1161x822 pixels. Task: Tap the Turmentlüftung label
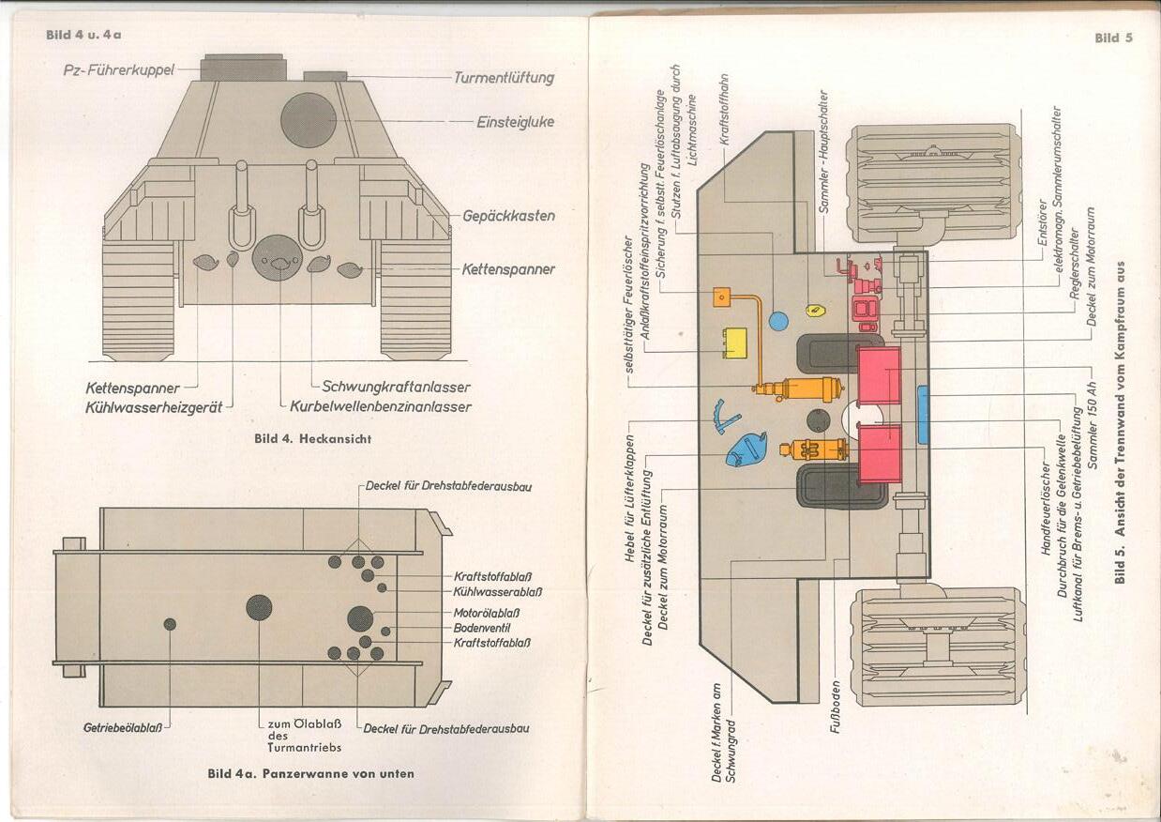pos(504,78)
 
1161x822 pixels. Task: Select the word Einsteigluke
pos(515,122)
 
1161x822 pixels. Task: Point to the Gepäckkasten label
pos(508,216)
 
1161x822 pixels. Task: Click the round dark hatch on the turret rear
pos(309,120)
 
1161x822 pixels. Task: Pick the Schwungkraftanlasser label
pos(396,387)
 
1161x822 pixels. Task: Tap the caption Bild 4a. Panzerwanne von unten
pos(310,773)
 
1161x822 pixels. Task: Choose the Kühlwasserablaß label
pos(497,592)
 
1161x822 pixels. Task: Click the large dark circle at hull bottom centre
pos(259,607)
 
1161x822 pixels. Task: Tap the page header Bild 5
pos(1113,38)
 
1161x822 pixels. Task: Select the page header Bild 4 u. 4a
pos(84,35)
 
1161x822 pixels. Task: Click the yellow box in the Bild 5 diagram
pos(734,342)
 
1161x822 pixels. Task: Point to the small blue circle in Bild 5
pos(777,321)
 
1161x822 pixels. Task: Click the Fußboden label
pos(836,705)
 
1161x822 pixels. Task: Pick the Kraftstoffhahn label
pos(724,109)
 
